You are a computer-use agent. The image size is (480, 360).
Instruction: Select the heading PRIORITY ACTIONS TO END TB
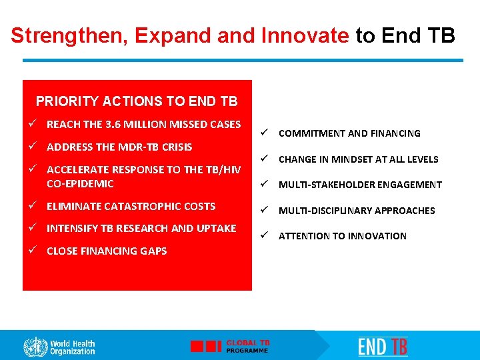(x=136, y=101)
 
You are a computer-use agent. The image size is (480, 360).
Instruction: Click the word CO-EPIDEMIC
(x=80, y=183)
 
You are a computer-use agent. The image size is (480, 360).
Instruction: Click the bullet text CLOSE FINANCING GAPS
(x=107, y=251)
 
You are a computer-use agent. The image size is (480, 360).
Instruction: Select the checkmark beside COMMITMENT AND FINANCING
(x=265, y=133)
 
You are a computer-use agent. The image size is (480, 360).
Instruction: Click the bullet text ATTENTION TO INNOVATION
(x=342, y=236)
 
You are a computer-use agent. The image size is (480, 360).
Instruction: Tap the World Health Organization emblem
(x=35, y=347)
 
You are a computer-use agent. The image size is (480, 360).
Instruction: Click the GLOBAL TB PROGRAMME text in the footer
(x=248, y=346)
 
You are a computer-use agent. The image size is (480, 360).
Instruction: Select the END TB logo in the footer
(x=383, y=346)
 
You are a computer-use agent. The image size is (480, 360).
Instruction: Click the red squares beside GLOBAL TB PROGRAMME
(x=205, y=346)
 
